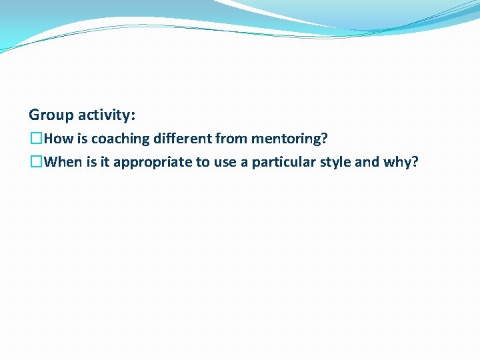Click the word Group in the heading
pos(51,115)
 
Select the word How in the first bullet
pos(57,139)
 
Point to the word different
pos(179,139)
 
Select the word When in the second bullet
pos(63,162)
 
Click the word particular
pos(285,162)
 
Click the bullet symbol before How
pos(36,139)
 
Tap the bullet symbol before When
pos(36,162)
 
